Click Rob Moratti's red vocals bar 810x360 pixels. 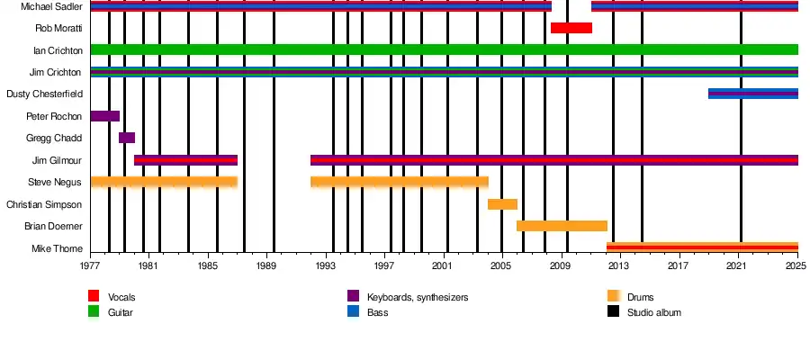pyautogui.click(x=571, y=28)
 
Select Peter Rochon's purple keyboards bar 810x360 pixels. pyautogui.click(x=104, y=116)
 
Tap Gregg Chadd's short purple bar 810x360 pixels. pyautogui.click(x=127, y=138)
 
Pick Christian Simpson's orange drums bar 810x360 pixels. pyautogui.click(x=502, y=204)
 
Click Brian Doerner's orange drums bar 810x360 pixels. pyautogui.click(x=562, y=226)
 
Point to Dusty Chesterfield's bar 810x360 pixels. pyautogui.click(x=752, y=94)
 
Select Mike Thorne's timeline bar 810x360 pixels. pyautogui.click(x=702, y=247)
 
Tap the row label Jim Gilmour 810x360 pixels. pyautogui.click(x=58, y=160)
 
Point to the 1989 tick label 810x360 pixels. pyautogui.click(x=266, y=267)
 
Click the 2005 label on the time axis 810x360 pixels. pyautogui.click(x=501, y=267)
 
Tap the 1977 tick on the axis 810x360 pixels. pyautogui.click(x=90, y=267)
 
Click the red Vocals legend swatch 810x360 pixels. pyautogui.click(x=94, y=296)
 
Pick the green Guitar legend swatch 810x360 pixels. pyautogui.click(x=94, y=311)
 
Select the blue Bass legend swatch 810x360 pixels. pyautogui.click(x=354, y=311)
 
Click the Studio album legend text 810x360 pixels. pyautogui.click(x=653, y=312)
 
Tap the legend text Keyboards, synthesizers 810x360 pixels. pyautogui.click(x=418, y=297)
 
